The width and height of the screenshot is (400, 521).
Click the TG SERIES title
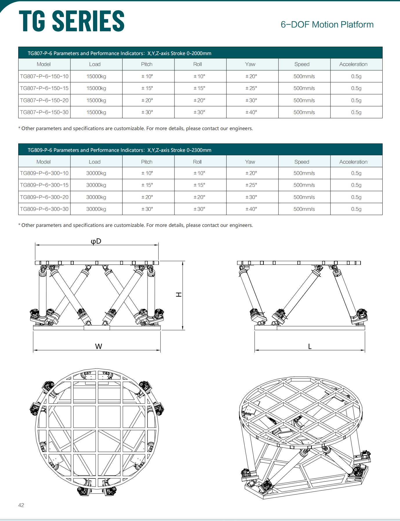coord(72,21)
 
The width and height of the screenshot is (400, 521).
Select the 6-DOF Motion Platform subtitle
coord(327,25)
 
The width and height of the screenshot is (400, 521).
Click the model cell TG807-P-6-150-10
coord(44,76)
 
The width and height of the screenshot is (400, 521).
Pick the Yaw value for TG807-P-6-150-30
coord(251,112)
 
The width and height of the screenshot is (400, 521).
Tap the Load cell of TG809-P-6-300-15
coord(96,185)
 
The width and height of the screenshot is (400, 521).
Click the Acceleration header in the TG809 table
coord(353,162)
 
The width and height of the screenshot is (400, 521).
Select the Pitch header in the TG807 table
coord(147,64)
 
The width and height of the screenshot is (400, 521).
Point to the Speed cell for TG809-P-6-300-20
coord(304,197)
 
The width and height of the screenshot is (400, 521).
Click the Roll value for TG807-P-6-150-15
coord(199,88)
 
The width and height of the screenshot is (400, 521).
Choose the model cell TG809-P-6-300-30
coord(44,209)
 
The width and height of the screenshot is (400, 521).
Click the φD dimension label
coord(96,241)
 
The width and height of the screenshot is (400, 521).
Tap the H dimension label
coord(179,294)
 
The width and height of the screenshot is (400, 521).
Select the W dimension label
coord(99,346)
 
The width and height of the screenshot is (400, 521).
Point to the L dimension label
coord(310,347)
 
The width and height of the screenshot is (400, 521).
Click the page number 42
coord(21,505)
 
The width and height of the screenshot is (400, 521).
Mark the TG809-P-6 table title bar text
coord(119,150)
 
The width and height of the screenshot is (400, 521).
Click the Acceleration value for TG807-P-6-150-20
coord(356,101)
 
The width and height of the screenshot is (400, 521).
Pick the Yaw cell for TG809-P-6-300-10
coord(251,173)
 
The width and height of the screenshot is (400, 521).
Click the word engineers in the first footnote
coord(241,128)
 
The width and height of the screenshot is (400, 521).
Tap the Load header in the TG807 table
coord(95,64)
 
